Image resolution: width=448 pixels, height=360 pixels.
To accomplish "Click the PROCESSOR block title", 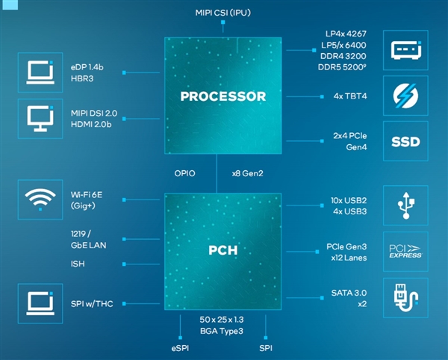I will click(x=223, y=96).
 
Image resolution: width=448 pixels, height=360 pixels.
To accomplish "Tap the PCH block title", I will click(x=223, y=250).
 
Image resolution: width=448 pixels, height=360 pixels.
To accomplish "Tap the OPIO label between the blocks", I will click(x=184, y=173).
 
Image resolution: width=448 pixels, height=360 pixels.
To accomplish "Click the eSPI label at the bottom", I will click(x=181, y=348).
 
